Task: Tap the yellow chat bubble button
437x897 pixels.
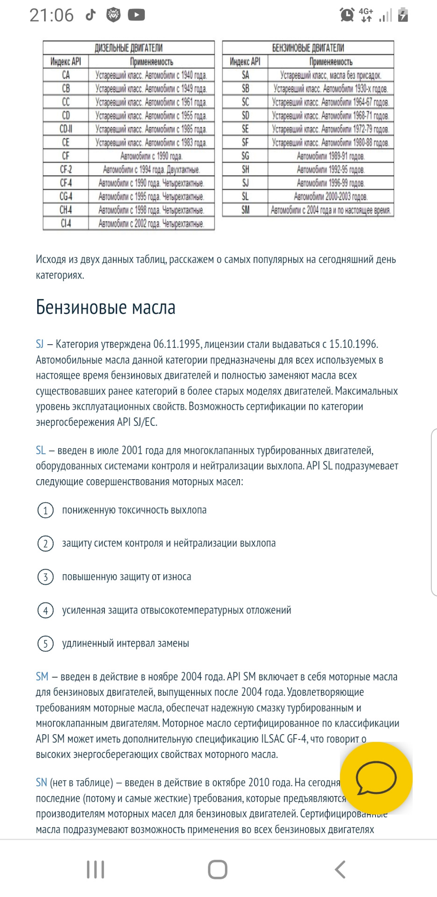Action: click(376, 778)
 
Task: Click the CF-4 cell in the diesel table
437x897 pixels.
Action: click(66, 183)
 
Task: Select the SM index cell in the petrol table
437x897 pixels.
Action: click(245, 210)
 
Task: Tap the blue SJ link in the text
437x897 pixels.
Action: click(40, 344)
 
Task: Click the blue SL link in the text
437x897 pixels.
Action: click(41, 450)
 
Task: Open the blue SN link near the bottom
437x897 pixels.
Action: click(42, 783)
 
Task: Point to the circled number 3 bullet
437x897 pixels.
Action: click(45, 577)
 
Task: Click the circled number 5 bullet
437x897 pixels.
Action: click(45, 644)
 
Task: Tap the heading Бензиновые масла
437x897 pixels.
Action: click(106, 307)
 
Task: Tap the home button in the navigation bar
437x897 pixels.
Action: click(218, 869)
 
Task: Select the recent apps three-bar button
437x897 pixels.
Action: click(95, 869)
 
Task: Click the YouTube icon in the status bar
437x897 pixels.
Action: click(136, 15)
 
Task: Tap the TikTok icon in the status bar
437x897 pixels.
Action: click(91, 15)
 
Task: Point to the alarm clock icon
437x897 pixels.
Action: click(347, 15)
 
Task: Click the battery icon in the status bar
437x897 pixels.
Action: click(403, 15)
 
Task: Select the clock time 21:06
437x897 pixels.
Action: click(51, 15)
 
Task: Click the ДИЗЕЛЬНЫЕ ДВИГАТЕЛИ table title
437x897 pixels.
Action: click(129, 48)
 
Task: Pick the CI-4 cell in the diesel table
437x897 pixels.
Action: click(66, 223)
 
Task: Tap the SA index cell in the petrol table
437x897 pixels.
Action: click(245, 75)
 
